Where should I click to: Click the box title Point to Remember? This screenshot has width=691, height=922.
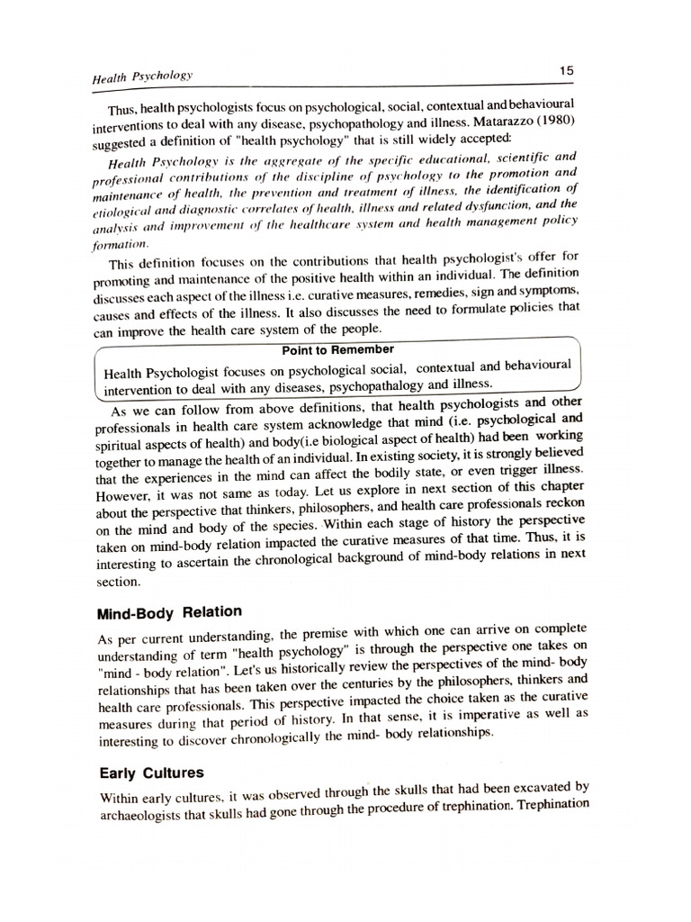(x=337, y=349)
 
